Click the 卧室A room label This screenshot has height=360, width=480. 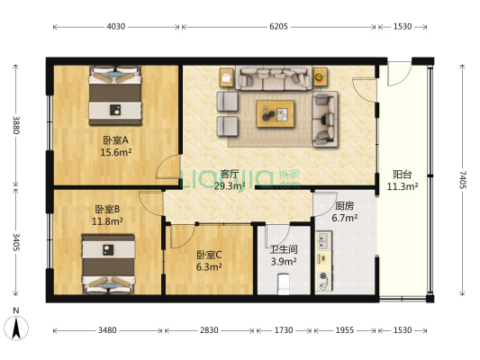pyautogui.click(x=115, y=140)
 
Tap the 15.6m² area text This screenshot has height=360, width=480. pyautogui.click(x=115, y=153)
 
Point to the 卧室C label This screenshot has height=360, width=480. pyautogui.click(x=210, y=254)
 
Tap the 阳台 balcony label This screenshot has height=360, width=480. pyautogui.click(x=402, y=175)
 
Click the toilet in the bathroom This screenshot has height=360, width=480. pyautogui.click(x=284, y=283)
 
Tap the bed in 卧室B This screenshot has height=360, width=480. pyautogui.click(x=109, y=263)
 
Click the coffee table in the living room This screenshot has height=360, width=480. pyautogui.click(x=276, y=112)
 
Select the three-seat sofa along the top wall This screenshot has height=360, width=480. pyautogui.click(x=275, y=78)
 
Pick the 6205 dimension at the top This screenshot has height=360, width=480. pyautogui.click(x=277, y=27)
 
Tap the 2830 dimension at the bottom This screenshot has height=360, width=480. pyautogui.click(x=209, y=329)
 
